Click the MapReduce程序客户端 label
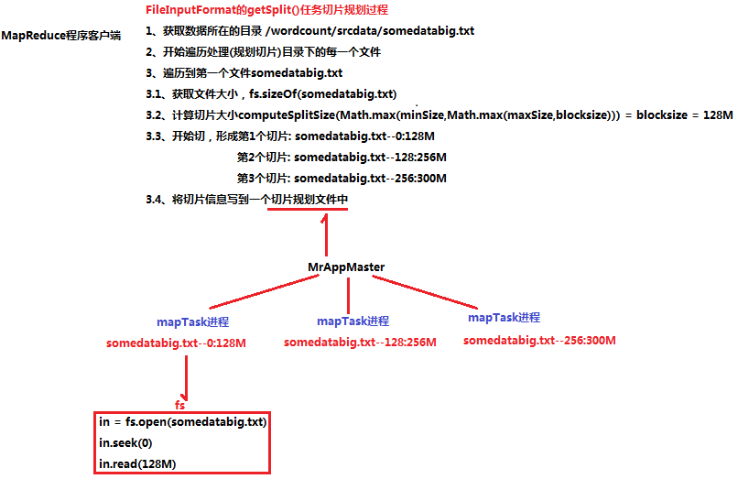[x=61, y=36]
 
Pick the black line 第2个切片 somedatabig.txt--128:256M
[x=342, y=158]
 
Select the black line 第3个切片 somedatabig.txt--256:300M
[x=342, y=179]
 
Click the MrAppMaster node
[x=346, y=267]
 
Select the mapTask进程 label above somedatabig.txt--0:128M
[x=192, y=322]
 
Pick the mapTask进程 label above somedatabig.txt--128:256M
[x=353, y=321]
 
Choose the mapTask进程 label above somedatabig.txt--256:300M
[x=504, y=318]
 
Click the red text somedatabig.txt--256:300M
[x=539, y=340]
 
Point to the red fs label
[x=180, y=404]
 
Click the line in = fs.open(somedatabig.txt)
[x=182, y=422]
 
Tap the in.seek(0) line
[x=125, y=443]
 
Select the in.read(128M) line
[x=137, y=464]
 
